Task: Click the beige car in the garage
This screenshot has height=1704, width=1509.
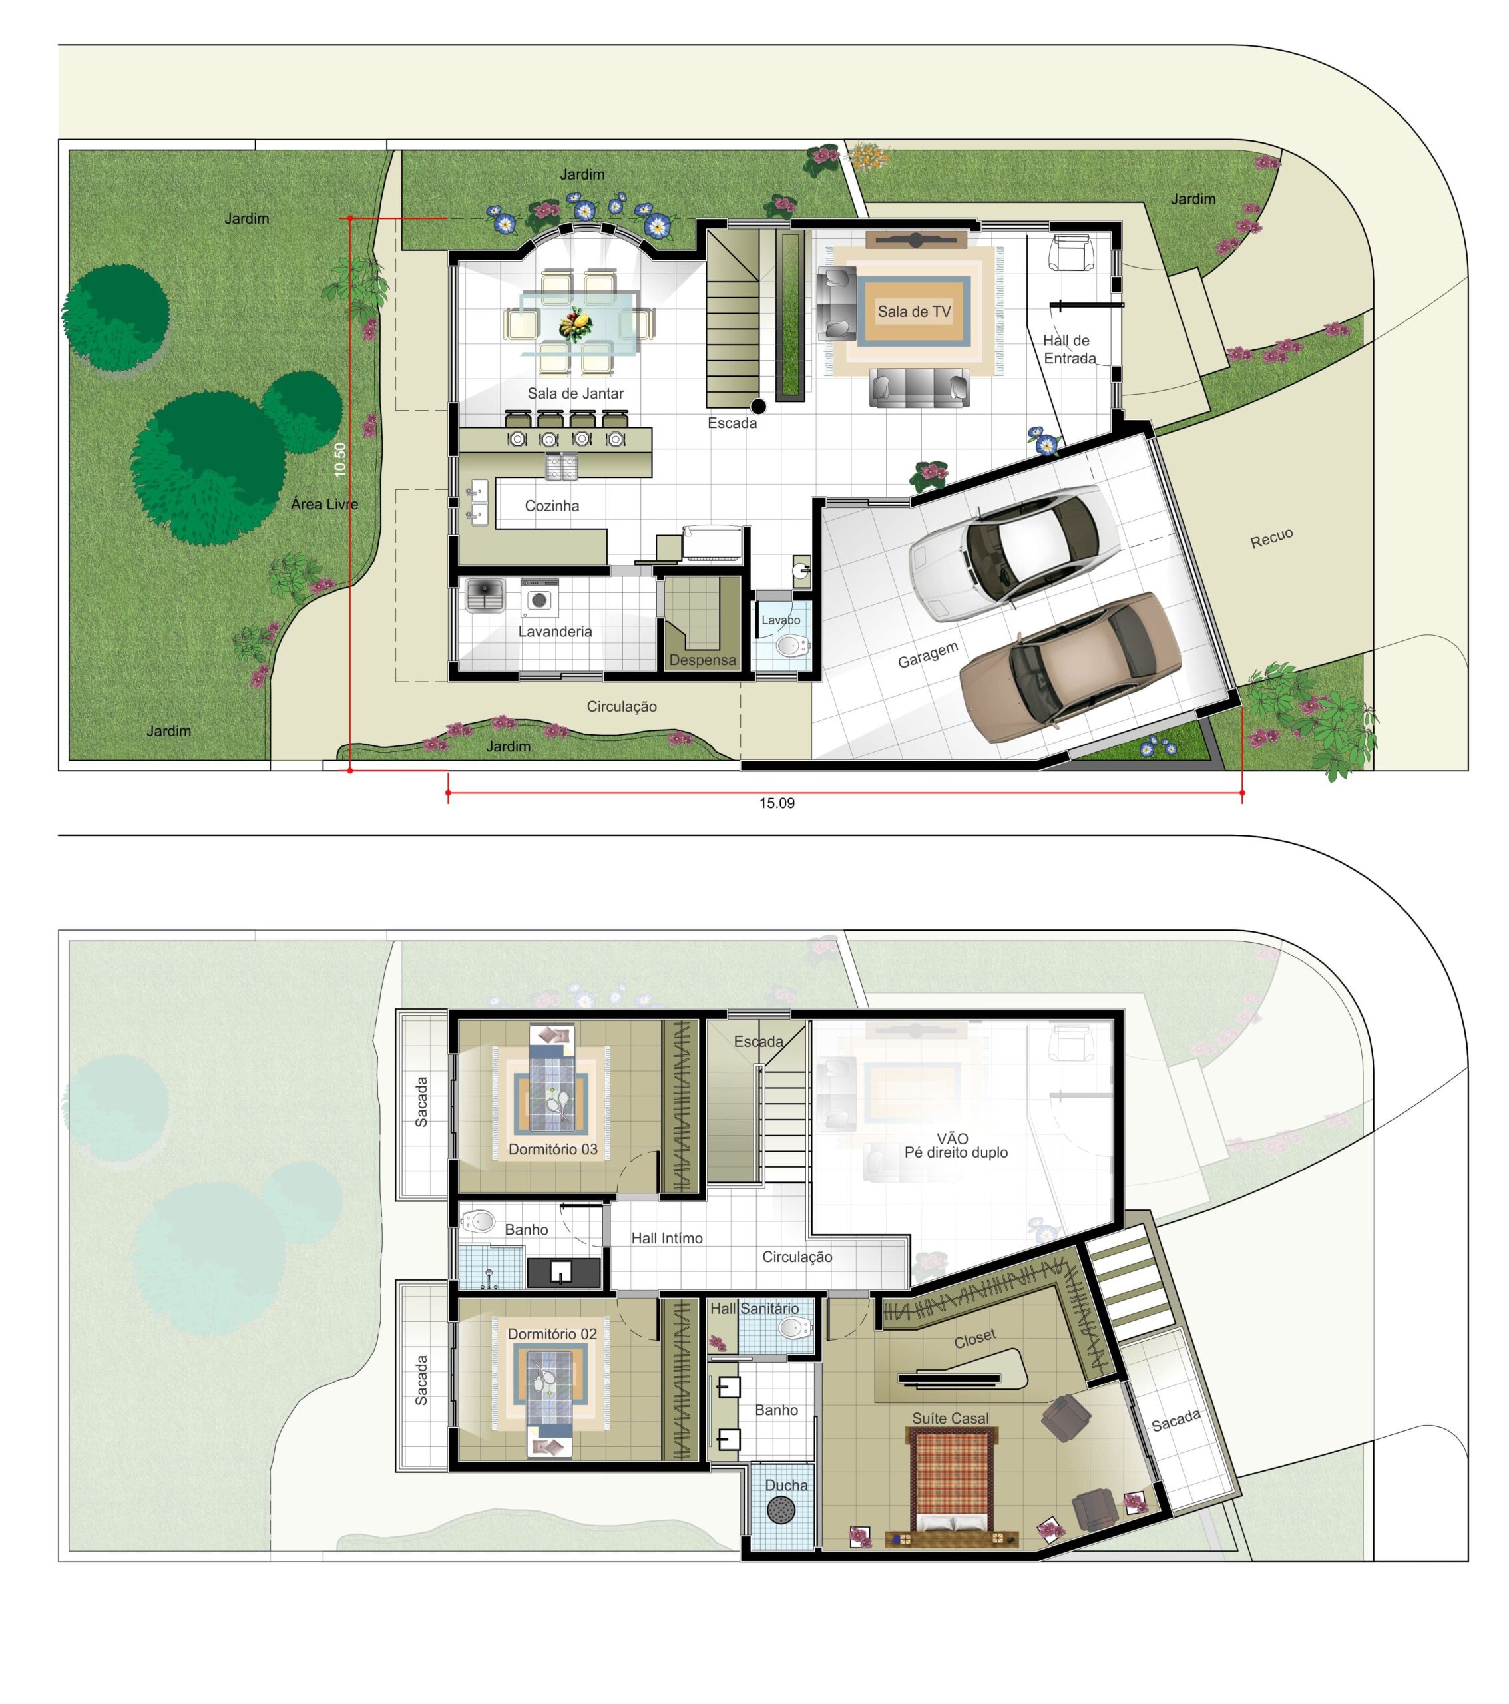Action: tap(1070, 665)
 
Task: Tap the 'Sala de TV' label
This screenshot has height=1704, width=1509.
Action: tap(914, 312)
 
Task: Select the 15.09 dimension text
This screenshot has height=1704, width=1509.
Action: tap(776, 803)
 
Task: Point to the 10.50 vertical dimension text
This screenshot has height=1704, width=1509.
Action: tap(339, 459)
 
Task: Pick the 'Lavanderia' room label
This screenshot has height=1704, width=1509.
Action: tap(554, 631)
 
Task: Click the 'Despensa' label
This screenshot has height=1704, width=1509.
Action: tap(703, 660)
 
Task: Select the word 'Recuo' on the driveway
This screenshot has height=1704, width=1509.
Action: tap(1271, 538)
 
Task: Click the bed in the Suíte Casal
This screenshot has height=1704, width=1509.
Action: tap(951, 1480)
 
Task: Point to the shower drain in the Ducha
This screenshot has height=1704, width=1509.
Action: tap(780, 1510)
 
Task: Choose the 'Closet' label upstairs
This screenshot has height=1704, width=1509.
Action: tap(974, 1338)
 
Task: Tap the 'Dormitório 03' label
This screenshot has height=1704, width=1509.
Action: tap(552, 1149)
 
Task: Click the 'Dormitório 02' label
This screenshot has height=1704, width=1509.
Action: tap(552, 1334)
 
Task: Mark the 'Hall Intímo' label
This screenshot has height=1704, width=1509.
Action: tap(666, 1238)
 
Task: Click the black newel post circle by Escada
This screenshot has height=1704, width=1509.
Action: tap(758, 406)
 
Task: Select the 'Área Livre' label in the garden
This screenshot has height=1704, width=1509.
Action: tap(324, 503)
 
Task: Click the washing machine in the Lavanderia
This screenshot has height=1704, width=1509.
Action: tap(539, 598)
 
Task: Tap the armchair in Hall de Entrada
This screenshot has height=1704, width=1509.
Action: tap(1070, 252)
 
